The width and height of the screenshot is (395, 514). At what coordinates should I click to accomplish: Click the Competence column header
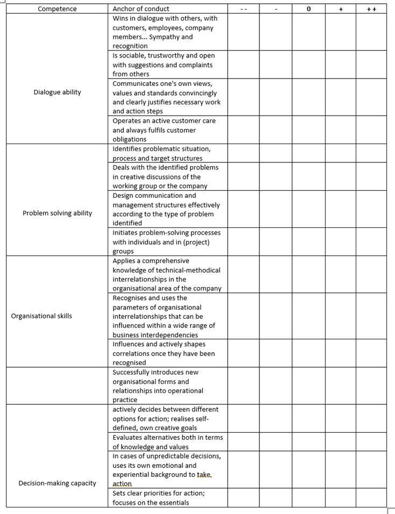[57, 9]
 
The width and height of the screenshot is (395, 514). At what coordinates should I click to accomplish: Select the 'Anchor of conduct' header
[140, 9]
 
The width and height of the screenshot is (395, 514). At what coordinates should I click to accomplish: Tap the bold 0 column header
[308, 9]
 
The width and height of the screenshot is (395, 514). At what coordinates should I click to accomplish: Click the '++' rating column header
[371, 9]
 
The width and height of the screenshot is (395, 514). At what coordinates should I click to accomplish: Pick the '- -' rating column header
[243, 9]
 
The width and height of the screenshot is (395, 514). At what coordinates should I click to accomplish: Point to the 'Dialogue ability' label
[57, 92]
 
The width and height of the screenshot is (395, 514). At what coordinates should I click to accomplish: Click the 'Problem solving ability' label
[57, 213]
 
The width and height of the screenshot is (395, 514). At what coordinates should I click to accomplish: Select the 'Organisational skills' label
[41, 316]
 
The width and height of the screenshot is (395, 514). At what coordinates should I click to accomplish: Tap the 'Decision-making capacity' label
[57, 483]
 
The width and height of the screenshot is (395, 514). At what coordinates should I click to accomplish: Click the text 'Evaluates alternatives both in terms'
[167, 437]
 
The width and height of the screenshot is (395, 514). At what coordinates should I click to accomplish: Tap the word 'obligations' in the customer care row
[129, 139]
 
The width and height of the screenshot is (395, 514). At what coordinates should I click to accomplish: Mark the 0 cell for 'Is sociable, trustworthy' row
[308, 65]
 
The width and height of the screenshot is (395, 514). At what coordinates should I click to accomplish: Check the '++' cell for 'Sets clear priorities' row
[371, 497]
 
